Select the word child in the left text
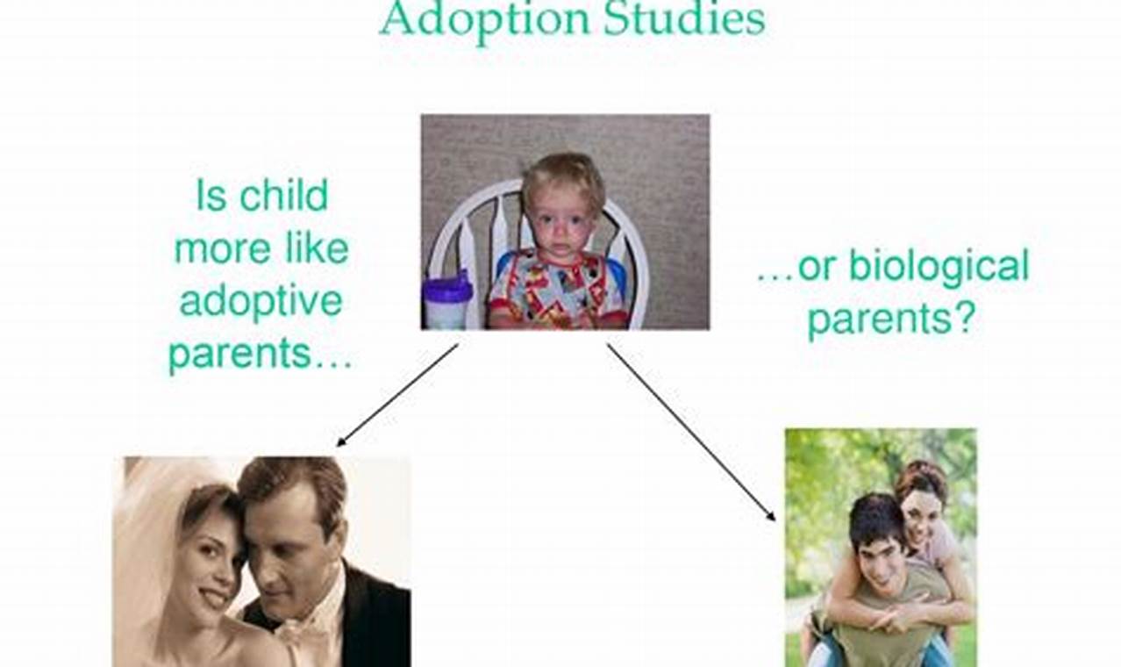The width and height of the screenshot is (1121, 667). point(284,196)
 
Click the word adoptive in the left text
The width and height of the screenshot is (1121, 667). point(261,303)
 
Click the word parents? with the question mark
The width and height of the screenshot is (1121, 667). point(890,319)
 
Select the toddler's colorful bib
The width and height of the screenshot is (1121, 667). point(556,290)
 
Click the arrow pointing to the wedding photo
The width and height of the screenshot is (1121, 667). point(396,395)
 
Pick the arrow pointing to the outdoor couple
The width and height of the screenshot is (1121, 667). point(691,430)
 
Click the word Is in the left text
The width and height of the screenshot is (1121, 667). point(211,196)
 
